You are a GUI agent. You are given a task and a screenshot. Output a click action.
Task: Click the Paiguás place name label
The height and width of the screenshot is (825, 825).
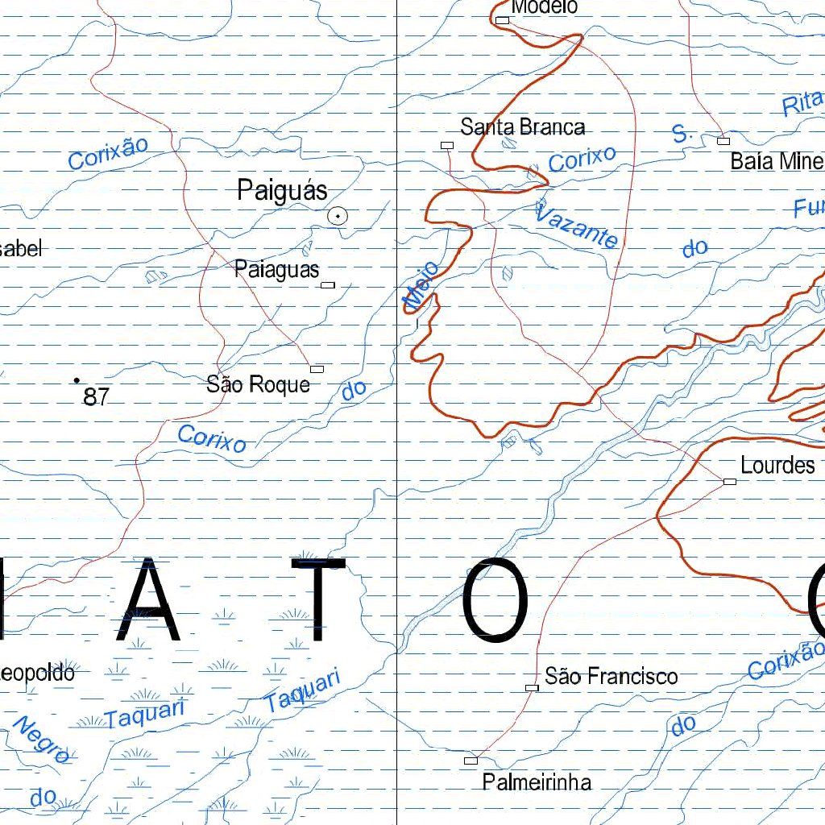282,191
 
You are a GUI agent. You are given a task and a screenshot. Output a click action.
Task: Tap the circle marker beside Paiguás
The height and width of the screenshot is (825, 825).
338,215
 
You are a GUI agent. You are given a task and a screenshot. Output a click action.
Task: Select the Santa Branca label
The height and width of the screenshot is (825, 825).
522,127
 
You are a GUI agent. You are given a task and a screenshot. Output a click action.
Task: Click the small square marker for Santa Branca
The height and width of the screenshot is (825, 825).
447,145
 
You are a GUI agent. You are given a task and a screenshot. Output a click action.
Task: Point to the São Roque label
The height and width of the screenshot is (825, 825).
258,384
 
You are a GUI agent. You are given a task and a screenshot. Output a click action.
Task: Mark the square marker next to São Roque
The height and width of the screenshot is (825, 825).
317,369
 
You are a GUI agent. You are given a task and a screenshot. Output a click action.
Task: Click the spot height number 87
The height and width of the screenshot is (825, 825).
96,396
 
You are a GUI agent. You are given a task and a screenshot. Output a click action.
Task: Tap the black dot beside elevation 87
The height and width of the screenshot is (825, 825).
77,379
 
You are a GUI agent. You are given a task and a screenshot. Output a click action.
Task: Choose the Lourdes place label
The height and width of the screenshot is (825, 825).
777,466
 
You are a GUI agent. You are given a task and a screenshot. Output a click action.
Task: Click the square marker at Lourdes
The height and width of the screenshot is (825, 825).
730,482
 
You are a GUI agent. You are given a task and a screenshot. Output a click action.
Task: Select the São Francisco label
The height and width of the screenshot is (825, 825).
611,676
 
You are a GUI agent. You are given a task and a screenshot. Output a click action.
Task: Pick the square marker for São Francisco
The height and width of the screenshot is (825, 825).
532,687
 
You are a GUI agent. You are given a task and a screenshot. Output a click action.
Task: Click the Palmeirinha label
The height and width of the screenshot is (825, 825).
537,781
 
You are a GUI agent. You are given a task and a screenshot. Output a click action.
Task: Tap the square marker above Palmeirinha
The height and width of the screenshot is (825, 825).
471,761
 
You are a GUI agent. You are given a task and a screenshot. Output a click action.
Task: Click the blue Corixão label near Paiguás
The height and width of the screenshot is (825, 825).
109,153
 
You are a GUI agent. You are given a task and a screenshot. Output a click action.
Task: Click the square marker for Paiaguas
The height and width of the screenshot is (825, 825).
328,284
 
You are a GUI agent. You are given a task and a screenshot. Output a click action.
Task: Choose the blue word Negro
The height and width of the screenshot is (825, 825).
40,739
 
